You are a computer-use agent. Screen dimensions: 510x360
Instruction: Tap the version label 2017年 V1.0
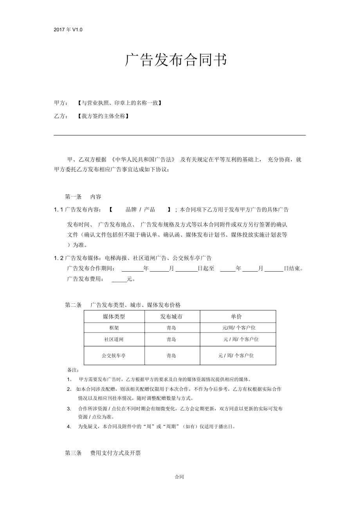(x=68, y=30)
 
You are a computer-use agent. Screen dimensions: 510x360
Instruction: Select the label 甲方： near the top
(x=61, y=103)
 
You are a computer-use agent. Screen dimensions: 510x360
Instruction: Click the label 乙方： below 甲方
(x=61, y=116)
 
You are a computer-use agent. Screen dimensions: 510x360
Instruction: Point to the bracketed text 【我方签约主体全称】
(x=103, y=116)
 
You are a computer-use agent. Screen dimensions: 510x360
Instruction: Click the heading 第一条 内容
(x=83, y=196)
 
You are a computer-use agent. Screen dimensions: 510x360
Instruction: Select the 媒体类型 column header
(x=114, y=317)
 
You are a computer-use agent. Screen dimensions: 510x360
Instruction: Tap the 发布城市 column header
(x=171, y=317)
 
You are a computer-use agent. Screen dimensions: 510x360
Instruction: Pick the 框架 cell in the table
(x=114, y=328)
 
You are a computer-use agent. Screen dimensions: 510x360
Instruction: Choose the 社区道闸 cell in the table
(x=114, y=339)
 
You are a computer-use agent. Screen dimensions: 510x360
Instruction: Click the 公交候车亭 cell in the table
(x=114, y=356)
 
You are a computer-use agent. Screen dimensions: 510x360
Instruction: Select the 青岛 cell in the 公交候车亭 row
(x=171, y=356)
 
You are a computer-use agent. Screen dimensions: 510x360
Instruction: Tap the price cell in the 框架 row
(x=239, y=328)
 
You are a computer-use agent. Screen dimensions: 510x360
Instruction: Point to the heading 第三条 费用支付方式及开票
(x=103, y=453)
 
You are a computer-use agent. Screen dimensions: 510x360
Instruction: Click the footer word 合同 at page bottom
(x=179, y=477)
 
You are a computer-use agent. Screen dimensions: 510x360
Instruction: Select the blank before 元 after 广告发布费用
(x=119, y=279)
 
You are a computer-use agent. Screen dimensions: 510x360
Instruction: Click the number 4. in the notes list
(x=69, y=427)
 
